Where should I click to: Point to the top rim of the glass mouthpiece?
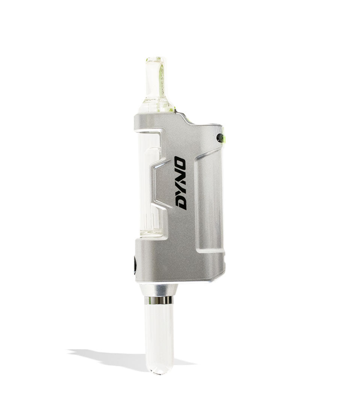[x=155, y=59]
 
